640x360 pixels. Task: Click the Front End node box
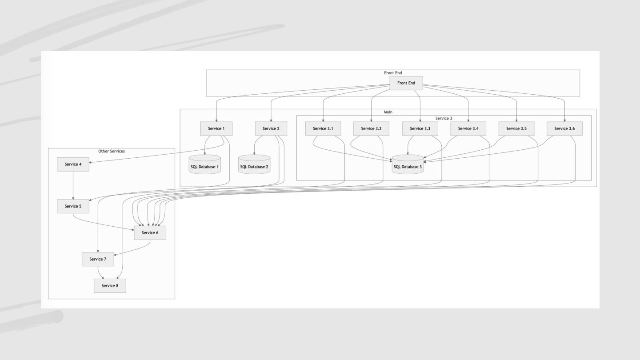[406, 83]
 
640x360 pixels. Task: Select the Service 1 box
[216, 128]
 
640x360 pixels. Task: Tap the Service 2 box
[271, 128]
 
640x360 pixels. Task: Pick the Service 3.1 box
[323, 128]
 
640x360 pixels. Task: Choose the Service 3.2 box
[371, 128]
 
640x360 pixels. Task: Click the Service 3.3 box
[420, 128]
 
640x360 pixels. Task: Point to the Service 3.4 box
[468, 128]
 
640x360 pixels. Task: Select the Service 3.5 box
[516, 128]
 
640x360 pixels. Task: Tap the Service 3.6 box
[564, 128]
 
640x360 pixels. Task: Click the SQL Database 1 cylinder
[205, 165]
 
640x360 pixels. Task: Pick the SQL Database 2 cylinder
[254, 165]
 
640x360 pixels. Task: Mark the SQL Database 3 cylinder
[408, 165]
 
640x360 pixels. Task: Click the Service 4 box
[73, 164]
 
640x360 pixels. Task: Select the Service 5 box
[73, 206]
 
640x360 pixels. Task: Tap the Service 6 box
[150, 232]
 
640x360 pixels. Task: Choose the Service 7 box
[98, 259]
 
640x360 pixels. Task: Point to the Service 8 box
[110, 285]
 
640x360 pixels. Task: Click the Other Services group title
[112, 151]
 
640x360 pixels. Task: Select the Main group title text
[388, 112]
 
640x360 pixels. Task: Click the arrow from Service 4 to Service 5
[73, 185]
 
